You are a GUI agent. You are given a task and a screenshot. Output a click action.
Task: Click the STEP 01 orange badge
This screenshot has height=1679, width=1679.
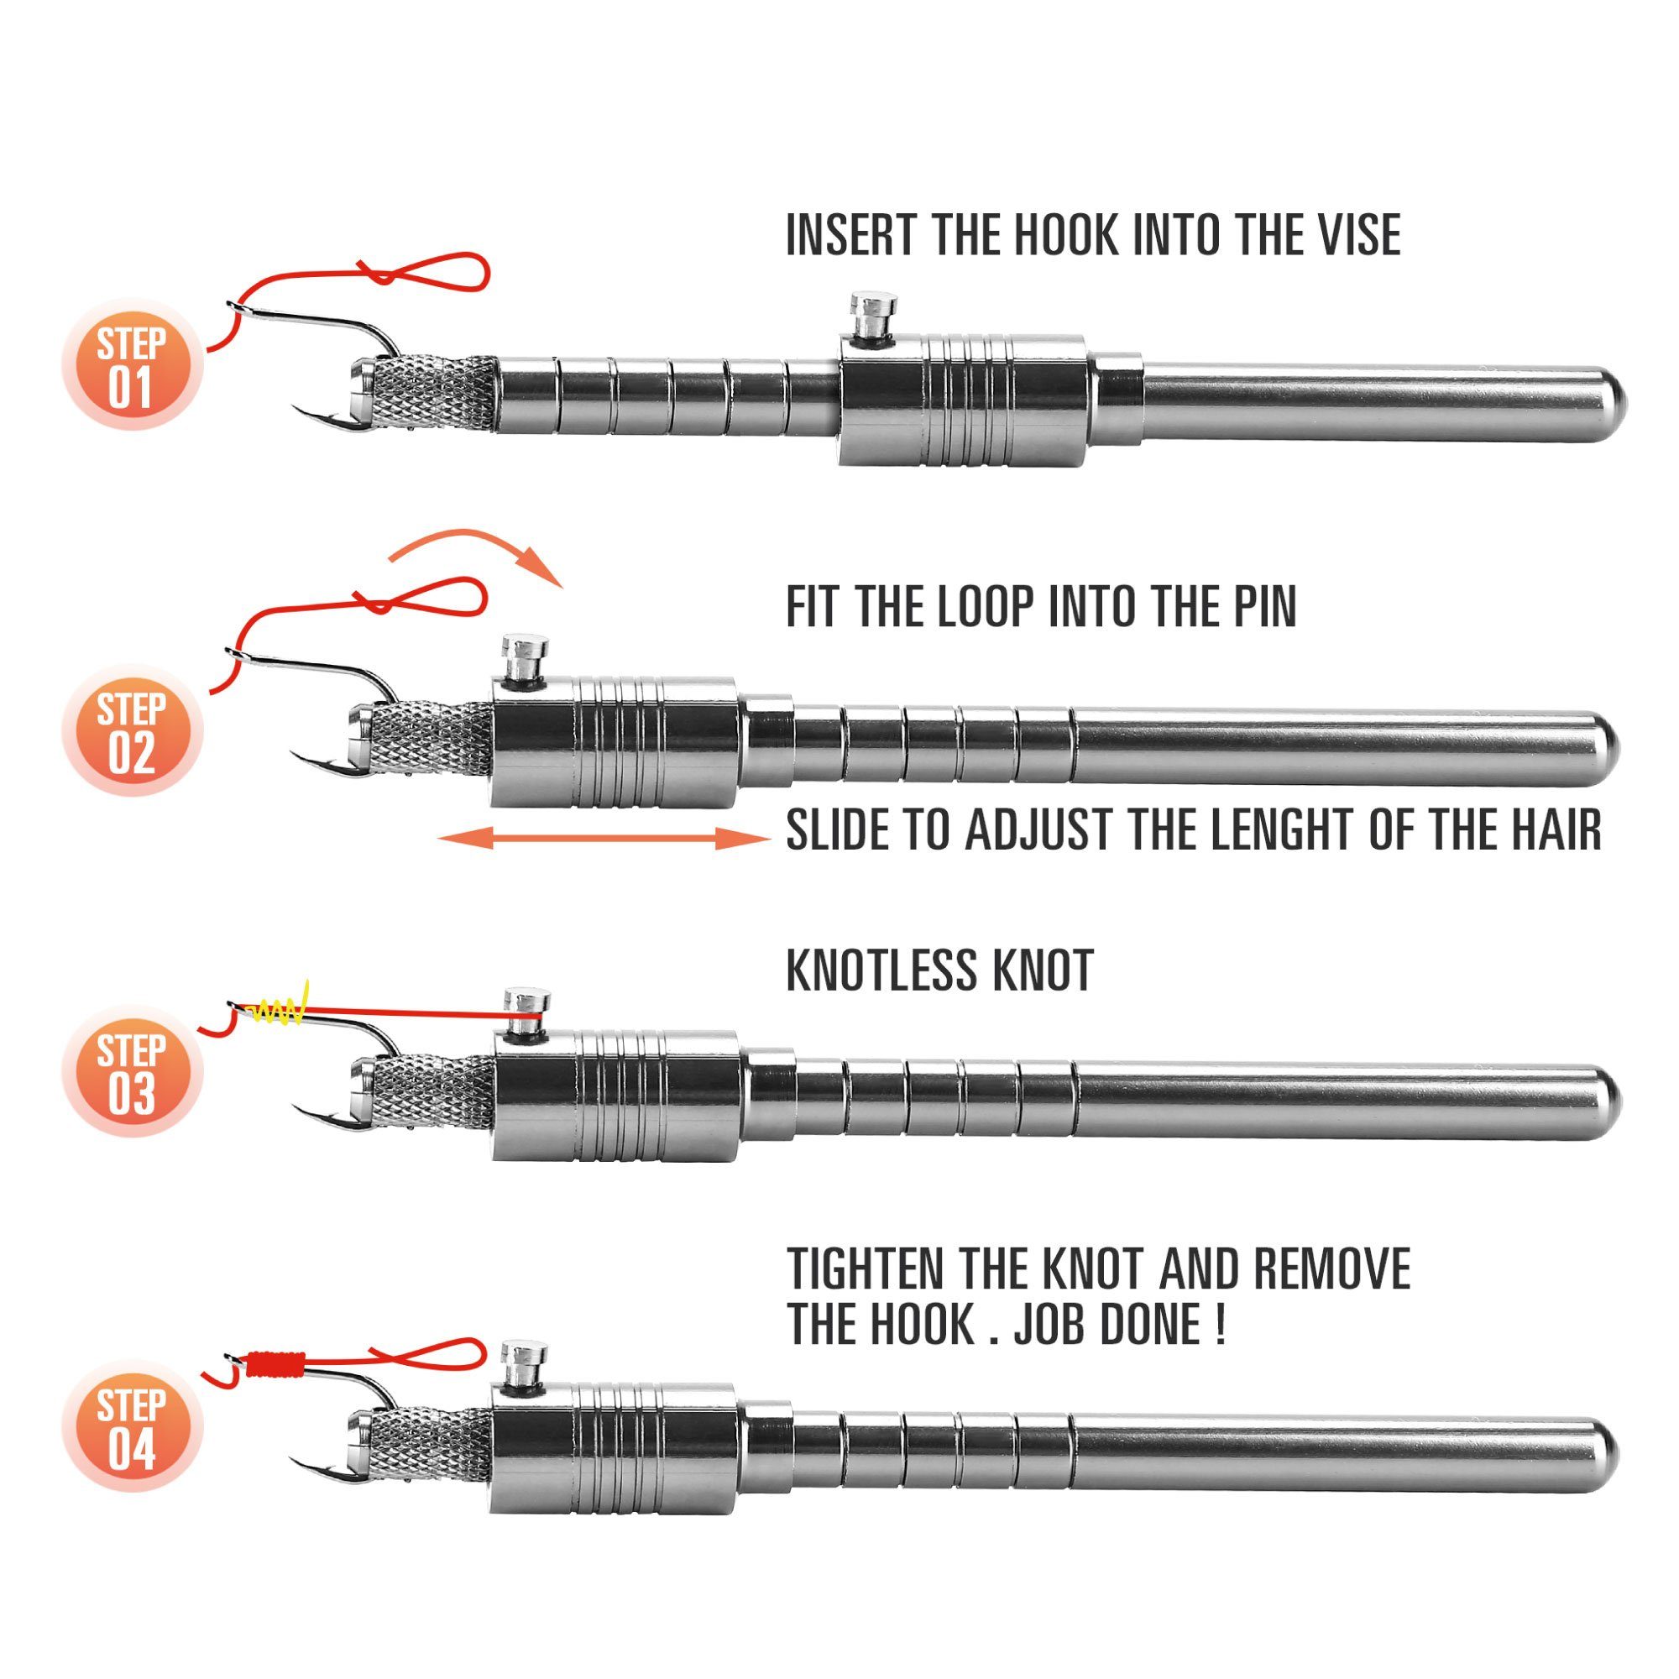[131, 364]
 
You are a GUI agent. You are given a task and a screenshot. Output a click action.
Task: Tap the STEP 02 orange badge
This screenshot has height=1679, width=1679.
[131, 731]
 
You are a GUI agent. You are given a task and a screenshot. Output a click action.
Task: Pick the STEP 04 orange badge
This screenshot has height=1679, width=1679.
[131, 1425]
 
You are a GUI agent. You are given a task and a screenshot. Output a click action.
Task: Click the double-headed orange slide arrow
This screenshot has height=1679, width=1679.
[604, 839]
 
